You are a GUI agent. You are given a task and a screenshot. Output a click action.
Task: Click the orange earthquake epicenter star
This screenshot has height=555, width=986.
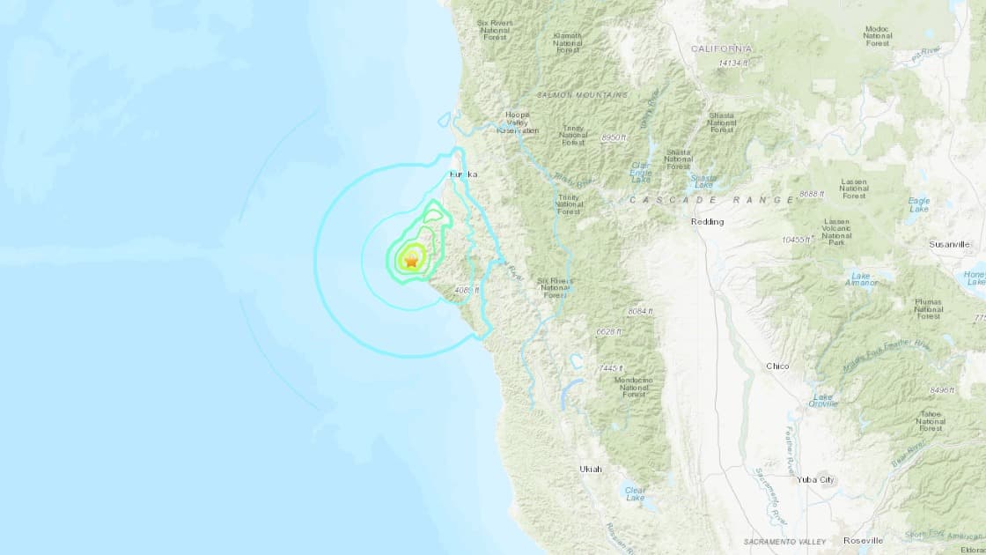410,260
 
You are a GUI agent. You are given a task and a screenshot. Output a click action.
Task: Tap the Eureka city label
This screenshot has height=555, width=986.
463,175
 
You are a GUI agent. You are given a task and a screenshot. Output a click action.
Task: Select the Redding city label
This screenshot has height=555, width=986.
707,222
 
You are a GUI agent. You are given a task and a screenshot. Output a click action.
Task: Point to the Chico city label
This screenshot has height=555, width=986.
777,366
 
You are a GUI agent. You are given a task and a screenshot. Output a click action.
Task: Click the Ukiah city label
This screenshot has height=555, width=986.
591,469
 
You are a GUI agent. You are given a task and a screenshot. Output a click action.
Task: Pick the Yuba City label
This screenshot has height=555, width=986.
814,480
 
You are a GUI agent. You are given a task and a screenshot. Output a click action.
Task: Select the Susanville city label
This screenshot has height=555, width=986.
948,244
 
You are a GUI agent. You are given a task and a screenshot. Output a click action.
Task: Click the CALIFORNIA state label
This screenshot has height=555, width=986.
722,48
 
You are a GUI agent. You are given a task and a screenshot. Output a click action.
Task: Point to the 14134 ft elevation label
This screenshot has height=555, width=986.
732,63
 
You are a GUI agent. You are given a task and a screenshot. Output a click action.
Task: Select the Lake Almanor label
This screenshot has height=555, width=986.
860,279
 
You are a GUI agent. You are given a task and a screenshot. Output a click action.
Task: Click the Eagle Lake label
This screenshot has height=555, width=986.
918,205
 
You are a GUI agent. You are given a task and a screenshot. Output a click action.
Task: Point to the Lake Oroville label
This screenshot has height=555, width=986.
823,400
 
